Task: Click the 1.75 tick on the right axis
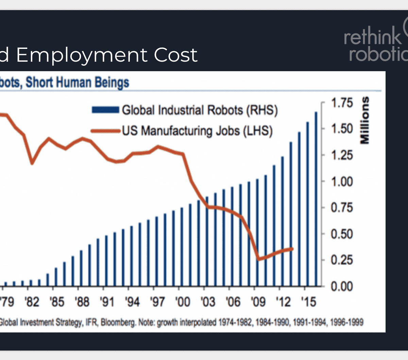[342, 103]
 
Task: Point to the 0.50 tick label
[342, 234]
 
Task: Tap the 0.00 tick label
[342, 287]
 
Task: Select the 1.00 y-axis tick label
[342, 181]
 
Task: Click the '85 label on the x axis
[57, 302]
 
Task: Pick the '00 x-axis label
[183, 302]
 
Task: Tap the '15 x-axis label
[308, 302]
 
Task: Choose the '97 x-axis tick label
[157, 302]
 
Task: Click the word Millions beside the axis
[365, 121]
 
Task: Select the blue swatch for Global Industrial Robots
[105, 110]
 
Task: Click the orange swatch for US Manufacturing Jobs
[105, 131]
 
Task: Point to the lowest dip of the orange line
[259, 259]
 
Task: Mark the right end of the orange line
[292, 249]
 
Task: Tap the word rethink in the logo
[372, 36]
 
